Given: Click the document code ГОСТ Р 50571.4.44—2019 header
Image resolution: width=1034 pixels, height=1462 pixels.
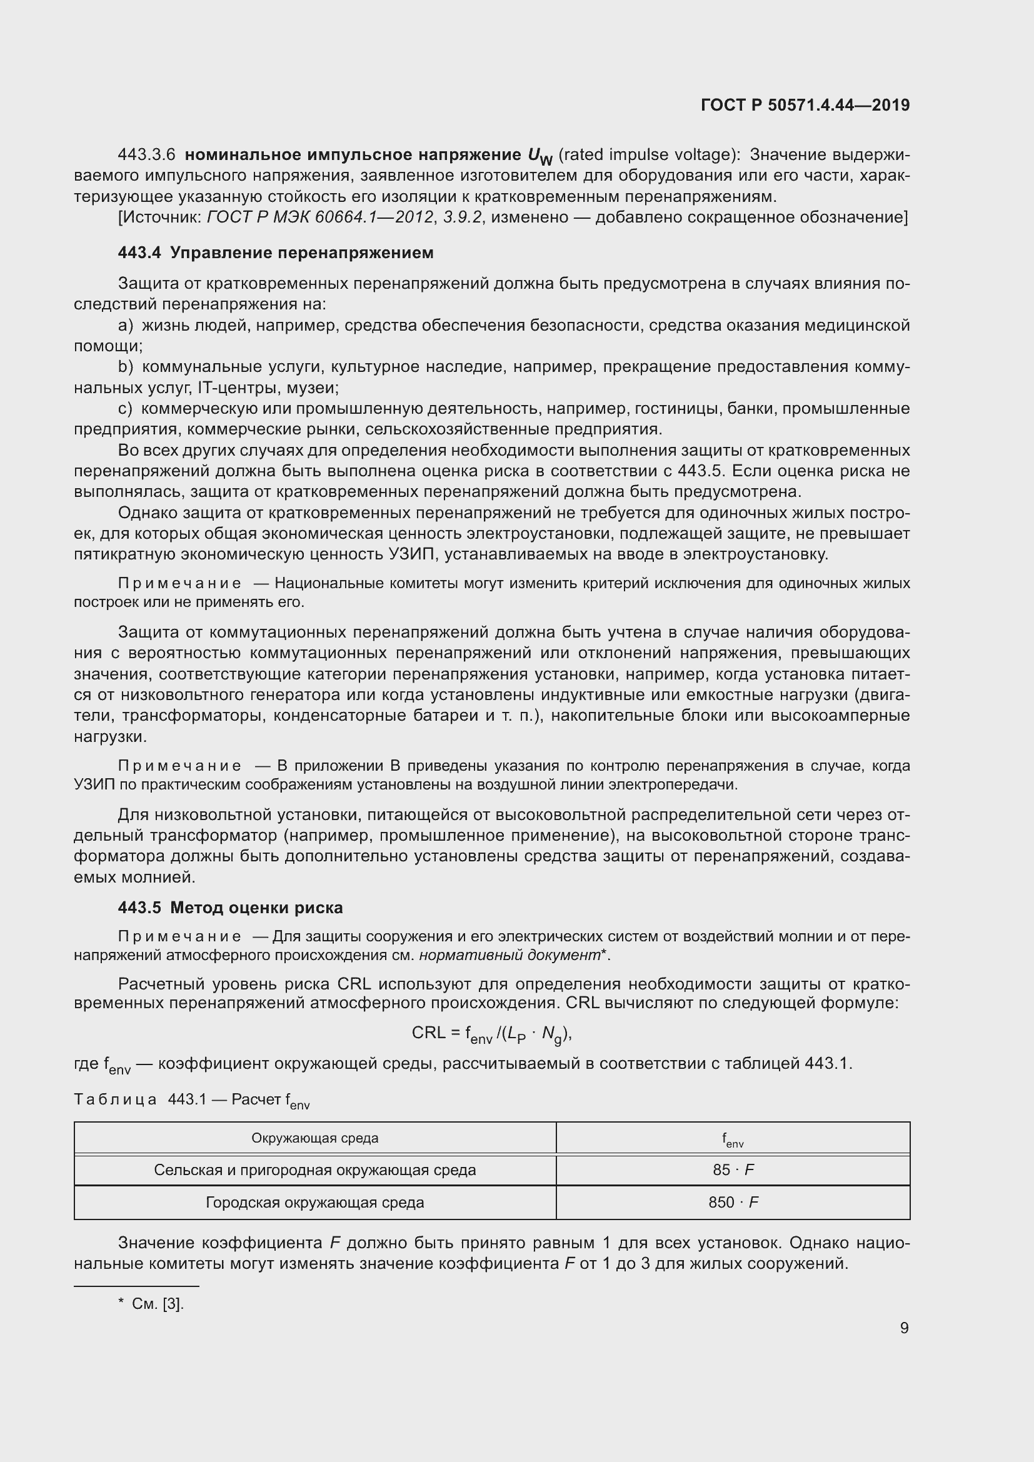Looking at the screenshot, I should [805, 105].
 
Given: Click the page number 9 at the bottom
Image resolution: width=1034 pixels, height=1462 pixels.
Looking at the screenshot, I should [904, 1328].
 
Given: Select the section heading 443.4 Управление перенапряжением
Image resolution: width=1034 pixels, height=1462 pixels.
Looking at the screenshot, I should [276, 253].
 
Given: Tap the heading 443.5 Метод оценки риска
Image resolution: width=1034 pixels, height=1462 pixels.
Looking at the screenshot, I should [231, 908].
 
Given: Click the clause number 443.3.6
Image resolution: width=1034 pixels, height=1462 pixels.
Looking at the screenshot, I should [146, 155].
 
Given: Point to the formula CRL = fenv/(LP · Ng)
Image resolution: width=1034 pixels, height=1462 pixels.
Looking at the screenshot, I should [491, 1033].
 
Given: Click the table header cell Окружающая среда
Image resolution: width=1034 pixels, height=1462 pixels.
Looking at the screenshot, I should [314, 1138].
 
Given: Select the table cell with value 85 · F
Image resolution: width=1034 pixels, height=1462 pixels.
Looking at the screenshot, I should [733, 1169].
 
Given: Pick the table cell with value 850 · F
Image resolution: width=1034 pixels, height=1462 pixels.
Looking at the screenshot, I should [733, 1202].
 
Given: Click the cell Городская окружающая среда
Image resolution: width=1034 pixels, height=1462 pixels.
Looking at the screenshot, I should [314, 1202].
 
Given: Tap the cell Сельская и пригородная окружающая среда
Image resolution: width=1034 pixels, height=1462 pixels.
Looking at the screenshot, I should [314, 1169].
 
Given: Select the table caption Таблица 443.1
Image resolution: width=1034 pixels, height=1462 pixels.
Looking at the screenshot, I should [191, 1099].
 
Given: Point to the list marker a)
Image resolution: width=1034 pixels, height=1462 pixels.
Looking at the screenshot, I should [126, 326].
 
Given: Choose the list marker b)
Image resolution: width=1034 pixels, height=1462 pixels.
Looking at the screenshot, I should [126, 367].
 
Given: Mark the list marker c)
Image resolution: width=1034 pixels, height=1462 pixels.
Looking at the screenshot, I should [126, 408].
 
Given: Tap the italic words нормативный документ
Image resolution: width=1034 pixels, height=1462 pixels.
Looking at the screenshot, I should [509, 954].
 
